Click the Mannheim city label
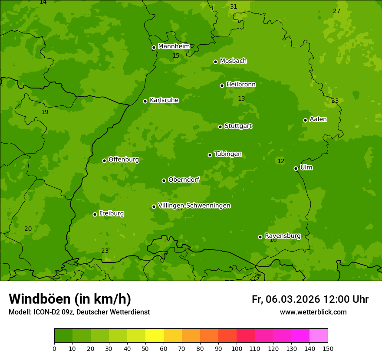[174, 46]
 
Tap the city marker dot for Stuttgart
[220, 127]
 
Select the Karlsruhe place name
[164, 100]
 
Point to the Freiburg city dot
[95, 214]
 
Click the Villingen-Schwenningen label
[194, 206]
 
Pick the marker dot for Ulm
[296, 168]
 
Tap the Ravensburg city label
[282, 236]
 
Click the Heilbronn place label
[241, 85]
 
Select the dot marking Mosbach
[215, 62]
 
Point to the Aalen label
[318, 119]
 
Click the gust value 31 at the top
[234, 7]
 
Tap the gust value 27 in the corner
[336, 11]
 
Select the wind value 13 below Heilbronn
[241, 99]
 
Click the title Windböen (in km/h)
[70, 299]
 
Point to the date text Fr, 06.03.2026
[286, 299]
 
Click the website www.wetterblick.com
[313, 312]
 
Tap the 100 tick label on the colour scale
[237, 348]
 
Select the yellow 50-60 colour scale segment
[155, 336]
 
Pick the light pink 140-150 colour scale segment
[319, 336]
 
